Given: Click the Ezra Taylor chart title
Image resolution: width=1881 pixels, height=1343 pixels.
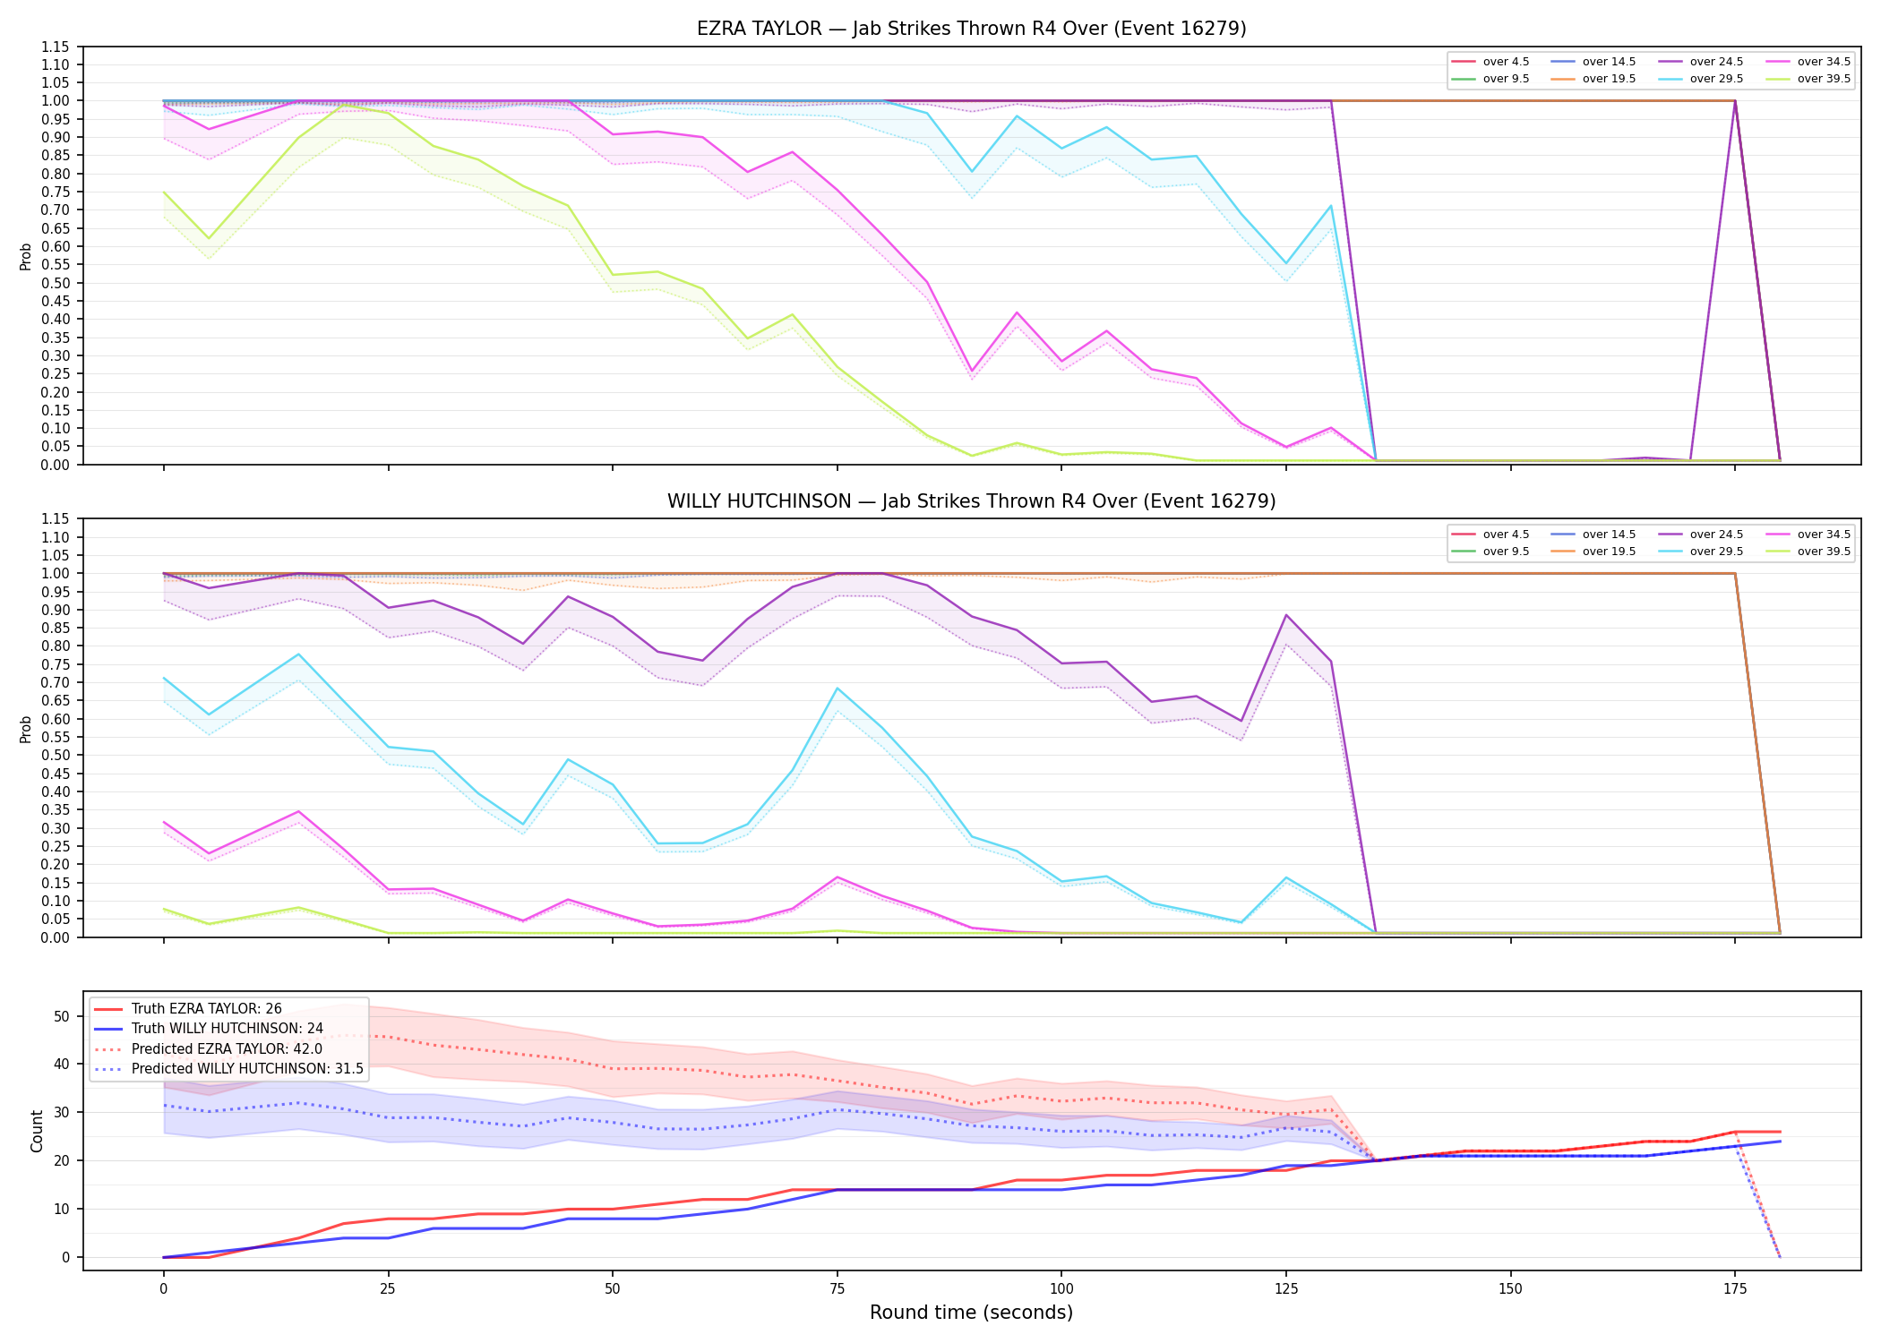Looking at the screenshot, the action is (x=971, y=29).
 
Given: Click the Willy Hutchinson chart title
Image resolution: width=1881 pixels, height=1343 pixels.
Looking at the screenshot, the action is (x=971, y=501).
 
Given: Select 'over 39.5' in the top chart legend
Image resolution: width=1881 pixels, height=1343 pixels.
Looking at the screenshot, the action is (x=1824, y=79).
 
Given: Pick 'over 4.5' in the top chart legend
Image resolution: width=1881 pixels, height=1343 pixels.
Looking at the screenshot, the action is (x=1506, y=62).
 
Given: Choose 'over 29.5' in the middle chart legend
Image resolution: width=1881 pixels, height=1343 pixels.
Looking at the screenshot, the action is (x=1716, y=552).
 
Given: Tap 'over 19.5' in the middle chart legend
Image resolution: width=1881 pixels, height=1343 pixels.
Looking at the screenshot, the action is (x=1609, y=552).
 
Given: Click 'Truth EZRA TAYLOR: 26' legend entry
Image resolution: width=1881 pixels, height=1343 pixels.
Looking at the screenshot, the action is (x=206, y=1009).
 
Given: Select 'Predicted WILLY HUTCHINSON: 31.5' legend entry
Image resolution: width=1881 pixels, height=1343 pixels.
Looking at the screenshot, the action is (x=247, y=1069).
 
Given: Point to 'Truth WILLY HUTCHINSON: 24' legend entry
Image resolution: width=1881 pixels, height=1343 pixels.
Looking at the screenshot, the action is (x=227, y=1029).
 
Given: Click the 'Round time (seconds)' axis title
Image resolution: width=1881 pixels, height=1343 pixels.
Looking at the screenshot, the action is (x=971, y=1313).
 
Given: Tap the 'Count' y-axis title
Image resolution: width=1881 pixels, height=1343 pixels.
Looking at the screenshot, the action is (x=37, y=1132).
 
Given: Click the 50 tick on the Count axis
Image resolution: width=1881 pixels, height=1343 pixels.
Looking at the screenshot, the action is (x=62, y=1016).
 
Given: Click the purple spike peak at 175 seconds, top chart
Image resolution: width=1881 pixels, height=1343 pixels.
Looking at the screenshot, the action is (x=1735, y=101).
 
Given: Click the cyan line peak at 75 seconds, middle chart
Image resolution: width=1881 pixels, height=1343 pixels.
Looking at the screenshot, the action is (x=837, y=689).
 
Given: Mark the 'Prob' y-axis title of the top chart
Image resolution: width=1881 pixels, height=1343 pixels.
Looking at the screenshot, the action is (x=26, y=257).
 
